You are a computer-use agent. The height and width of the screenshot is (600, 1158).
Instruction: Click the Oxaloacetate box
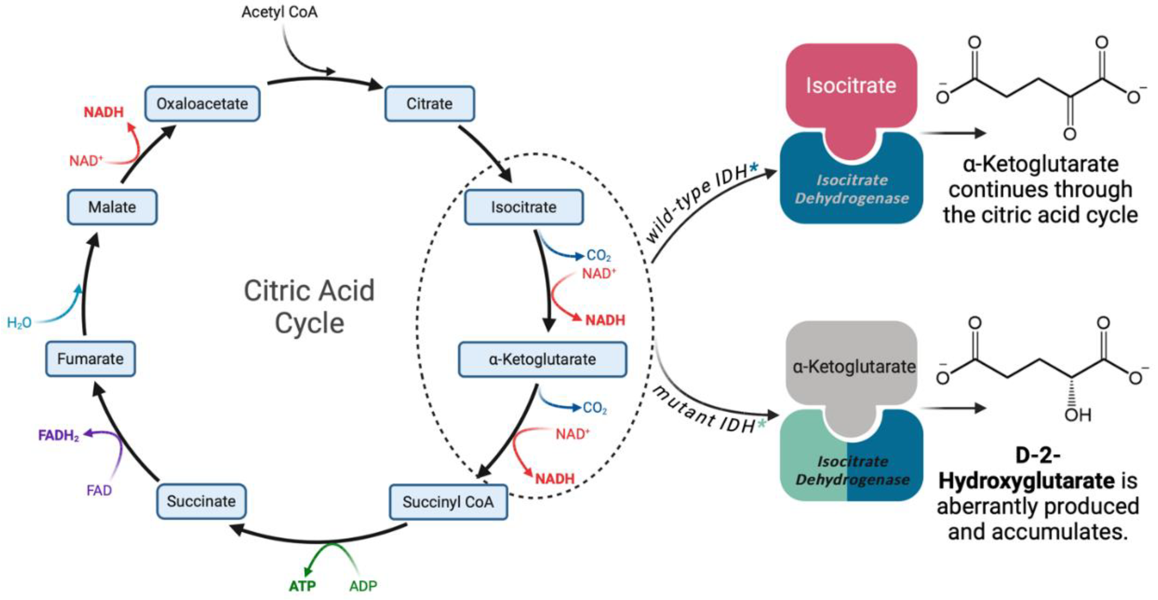(x=202, y=104)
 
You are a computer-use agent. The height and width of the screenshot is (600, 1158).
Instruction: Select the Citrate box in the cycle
(x=429, y=104)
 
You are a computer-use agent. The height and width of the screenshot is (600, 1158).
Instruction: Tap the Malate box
(x=112, y=207)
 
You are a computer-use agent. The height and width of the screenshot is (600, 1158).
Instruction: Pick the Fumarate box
(x=90, y=359)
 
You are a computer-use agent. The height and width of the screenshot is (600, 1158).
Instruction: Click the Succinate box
(x=201, y=501)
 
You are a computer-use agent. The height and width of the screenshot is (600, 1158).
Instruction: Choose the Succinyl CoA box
(x=448, y=502)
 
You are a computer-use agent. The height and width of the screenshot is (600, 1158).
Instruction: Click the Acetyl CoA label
(x=279, y=12)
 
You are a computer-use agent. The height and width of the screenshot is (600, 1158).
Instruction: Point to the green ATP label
(x=302, y=586)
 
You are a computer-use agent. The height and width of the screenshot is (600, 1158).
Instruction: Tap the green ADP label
(x=363, y=586)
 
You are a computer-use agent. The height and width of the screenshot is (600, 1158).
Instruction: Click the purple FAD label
(x=99, y=490)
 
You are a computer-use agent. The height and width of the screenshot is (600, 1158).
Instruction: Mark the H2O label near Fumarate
(x=19, y=322)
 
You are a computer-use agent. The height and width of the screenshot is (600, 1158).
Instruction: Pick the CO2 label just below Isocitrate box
(x=598, y=256)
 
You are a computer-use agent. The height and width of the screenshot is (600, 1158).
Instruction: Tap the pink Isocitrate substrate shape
(x=851, y=85)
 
